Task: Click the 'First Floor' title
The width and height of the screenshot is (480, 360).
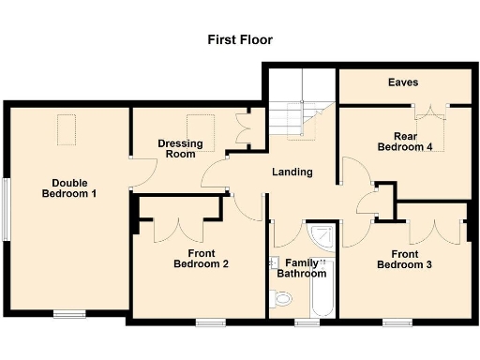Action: tap(239, 40)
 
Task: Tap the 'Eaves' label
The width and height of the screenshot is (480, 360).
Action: tap(403, 82)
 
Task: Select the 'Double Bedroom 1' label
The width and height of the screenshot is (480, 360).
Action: tap(68, 187)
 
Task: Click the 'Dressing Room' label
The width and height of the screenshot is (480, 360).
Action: tap(180, 148)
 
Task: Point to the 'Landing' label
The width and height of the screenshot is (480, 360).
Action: tap(292, 172)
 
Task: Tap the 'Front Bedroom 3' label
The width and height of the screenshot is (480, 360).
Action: tap(404, 258)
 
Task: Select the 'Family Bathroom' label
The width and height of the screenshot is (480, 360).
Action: tap(302, 268)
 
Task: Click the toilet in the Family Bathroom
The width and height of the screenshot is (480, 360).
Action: tap(282, 299)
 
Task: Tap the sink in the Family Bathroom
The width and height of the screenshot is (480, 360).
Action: tap(276, 263)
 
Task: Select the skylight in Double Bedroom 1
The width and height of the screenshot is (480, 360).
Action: tap(67, 128)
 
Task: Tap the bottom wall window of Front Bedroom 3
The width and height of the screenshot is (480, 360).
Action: tap(396, 322)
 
